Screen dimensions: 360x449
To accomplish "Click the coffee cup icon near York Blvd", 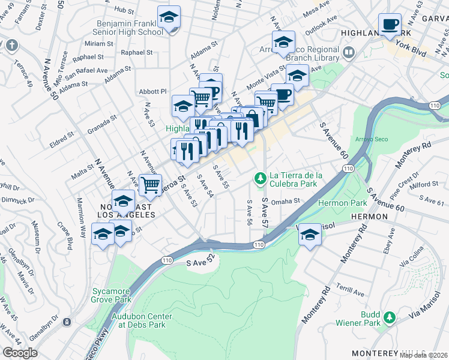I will [390, 24].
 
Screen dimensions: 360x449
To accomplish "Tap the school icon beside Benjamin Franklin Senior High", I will [169, 17].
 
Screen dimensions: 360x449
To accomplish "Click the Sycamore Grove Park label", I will [111, 295].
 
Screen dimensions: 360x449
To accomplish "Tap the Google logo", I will [20, 352].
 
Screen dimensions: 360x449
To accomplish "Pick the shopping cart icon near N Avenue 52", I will [150, 184].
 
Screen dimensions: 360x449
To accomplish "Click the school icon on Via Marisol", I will [310, 234].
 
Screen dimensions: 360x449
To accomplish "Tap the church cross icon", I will [11, 45].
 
